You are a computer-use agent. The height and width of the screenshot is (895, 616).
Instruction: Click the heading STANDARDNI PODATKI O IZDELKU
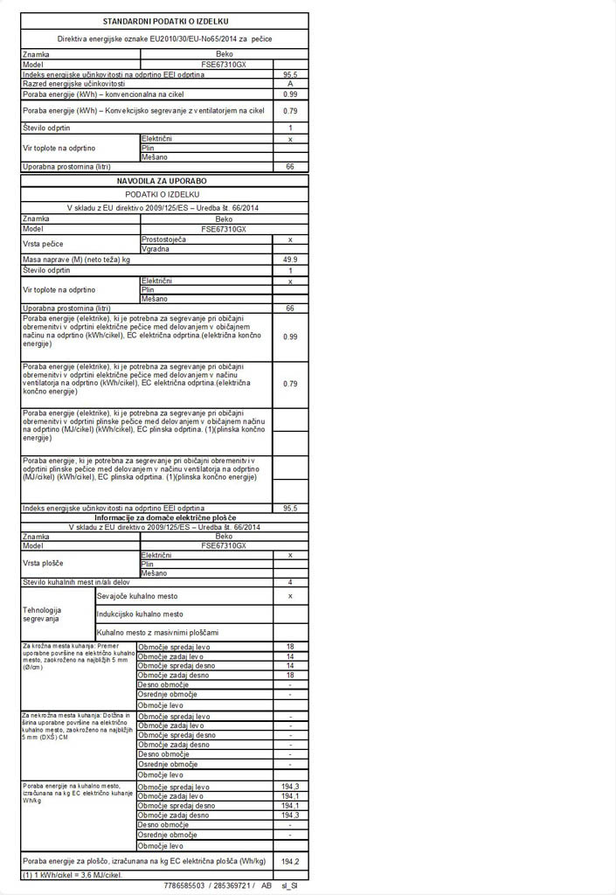coord(164,20)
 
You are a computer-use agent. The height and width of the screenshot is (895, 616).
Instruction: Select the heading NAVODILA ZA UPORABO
coord(164,181)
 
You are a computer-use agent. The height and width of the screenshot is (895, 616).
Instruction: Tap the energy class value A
coord(290,84)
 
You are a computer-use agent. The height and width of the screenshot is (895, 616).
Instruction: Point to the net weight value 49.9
coord(290,260)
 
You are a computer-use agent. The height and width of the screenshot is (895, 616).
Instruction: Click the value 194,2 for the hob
coord(290,862)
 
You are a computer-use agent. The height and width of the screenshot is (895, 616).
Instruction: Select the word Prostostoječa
coord(163,239)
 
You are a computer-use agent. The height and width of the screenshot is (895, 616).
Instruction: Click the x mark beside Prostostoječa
coord(290,239)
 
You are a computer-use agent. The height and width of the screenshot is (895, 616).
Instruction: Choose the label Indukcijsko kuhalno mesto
coord(140,614)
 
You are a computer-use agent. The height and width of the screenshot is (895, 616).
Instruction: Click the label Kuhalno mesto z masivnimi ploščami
coord(157,632)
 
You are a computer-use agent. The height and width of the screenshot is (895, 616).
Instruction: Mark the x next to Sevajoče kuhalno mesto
coord(290,596)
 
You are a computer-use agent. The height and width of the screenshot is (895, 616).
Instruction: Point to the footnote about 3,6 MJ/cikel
coord(73,875)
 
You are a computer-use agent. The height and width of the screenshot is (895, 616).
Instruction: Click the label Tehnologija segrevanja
coord(42,614)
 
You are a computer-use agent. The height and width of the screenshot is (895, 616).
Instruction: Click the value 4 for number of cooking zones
coord(290,582)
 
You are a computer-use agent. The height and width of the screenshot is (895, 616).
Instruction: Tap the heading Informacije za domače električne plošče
coord(164,518)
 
